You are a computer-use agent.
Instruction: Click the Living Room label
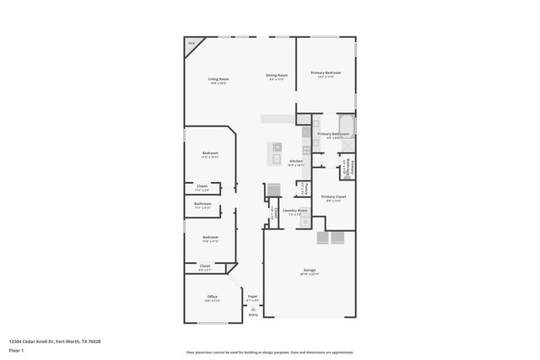click(219, 79)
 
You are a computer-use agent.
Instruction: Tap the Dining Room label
click(278, 76)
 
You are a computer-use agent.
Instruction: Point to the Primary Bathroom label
click(333, 134)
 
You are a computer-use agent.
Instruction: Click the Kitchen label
click(296, 161)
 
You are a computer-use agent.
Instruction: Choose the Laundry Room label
click(295, 211)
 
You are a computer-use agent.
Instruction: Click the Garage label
click(310, 271)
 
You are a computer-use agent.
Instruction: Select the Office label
click(213, 297)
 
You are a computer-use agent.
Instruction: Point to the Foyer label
click(252, 296)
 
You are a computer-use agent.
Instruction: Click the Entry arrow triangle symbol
click(252, 309)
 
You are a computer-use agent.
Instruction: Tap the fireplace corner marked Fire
click(192, 42)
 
